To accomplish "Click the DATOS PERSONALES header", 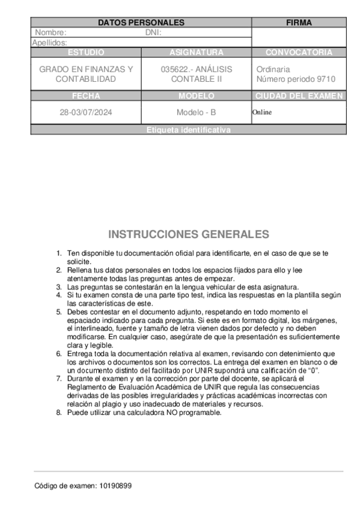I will [x=141, y=23].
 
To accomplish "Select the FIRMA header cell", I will [x=299, y=23].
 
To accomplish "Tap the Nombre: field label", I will [x=50, y=32].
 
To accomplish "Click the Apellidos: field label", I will [x=49, y=43].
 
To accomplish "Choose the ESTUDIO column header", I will [x=86, y=52].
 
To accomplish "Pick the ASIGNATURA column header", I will [x=197, y=52].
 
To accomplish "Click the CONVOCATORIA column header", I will [x=299, y=52].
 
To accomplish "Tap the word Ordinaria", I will [x=273, y=69].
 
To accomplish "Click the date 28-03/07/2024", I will [x=86, y=112].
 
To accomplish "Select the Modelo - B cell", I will [x=197, y=112].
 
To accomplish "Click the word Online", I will [x=262, y=112].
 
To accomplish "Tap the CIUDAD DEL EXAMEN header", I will [x=299, y=96].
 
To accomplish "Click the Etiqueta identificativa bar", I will [x=188, y=130].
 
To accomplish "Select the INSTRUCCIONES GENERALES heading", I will [x=188, y=234].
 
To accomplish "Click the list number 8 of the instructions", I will [x=59, y=413].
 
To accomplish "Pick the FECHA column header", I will [x=86, y=96].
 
